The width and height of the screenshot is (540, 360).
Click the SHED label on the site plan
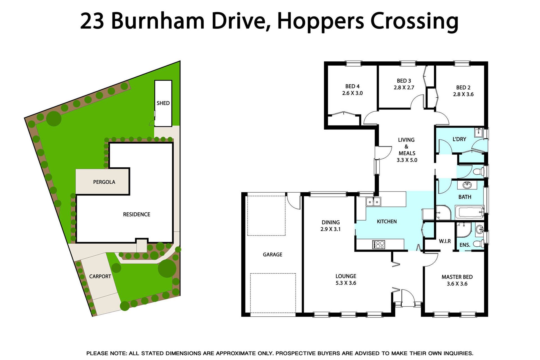(x=163, y=103)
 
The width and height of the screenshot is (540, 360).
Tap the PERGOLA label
(x=104, y=182)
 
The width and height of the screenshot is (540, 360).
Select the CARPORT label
(x=100, y=276)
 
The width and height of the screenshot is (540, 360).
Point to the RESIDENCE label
(x=137, y=214)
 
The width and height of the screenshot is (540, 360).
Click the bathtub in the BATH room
(x=469, y=212)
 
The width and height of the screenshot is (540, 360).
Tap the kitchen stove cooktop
(x=378, y=244)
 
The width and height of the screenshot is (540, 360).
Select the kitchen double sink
(x=373, y=202)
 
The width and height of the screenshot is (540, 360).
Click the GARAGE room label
(x=273, y=255)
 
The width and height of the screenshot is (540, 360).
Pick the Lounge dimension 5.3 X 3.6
(x=346, y=283)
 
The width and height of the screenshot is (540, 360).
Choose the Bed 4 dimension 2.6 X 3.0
(x=352, y=93)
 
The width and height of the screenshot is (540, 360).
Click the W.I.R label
(x=445, y=241)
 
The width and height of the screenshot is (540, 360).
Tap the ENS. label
(x=465, y=245)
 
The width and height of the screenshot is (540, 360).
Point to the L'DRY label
(x=459, y=139)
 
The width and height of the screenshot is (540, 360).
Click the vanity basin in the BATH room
(x=467, y=185)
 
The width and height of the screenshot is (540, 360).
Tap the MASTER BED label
(x=457, y=277)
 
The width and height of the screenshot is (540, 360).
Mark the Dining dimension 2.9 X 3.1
(x=330, y=229)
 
